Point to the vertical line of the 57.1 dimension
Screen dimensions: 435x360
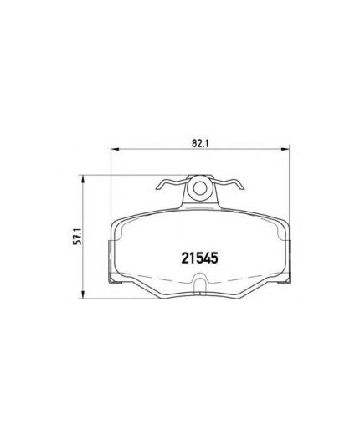coord(83,268)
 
